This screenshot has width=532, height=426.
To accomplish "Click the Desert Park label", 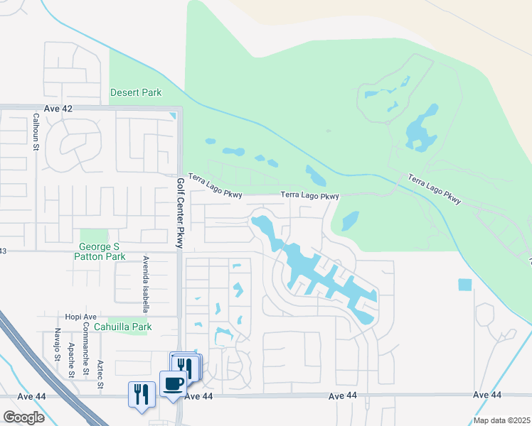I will pos(135,92).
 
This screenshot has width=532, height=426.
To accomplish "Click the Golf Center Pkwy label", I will pos(180,213).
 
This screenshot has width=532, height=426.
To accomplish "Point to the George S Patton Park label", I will pos(100,251).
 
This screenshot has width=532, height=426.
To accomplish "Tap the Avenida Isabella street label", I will pos(145,284).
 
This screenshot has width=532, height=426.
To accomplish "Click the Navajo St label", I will pos(56,344).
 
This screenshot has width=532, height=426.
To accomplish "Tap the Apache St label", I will pos(71,359).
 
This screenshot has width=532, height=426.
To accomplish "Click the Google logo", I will pos(23,417).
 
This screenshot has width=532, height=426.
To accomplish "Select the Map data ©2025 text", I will pos(501,420).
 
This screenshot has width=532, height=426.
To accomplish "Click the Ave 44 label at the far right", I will pos(486,395).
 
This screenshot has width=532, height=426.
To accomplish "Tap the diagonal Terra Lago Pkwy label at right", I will pos(434,190).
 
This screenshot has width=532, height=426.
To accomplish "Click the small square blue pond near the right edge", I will pos(464,285).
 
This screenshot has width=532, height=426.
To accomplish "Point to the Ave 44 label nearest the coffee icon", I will pos(198,397).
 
